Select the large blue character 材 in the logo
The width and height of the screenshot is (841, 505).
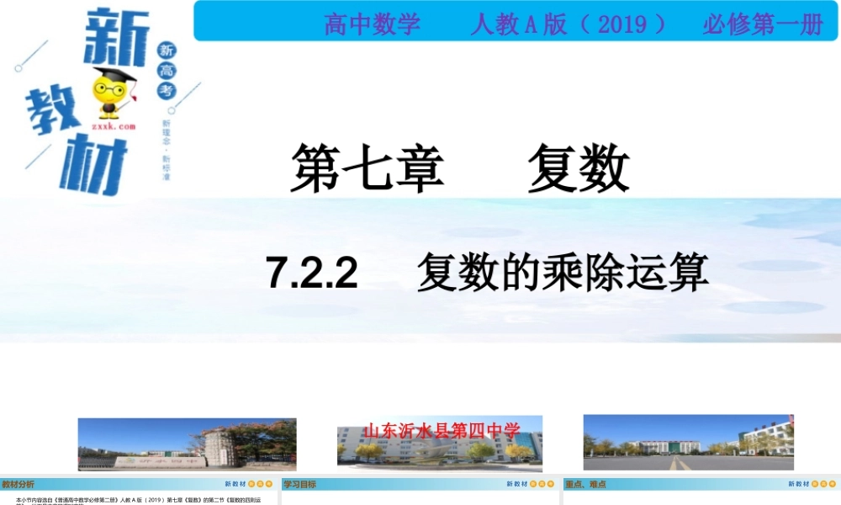(x=93, y=168)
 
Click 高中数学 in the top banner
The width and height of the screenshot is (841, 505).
(x=372, y=24)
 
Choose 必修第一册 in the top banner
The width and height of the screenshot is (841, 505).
(x=763, y=24)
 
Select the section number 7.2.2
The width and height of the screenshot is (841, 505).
(x=312, y=273)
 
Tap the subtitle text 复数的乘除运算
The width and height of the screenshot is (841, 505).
(x=563, y=273)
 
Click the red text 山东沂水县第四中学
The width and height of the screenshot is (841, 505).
(x=442, y=431)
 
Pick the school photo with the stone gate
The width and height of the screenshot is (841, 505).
(x=187, y=444)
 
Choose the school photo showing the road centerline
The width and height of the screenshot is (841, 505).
(x=688, y=442)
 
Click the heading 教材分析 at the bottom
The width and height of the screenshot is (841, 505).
(x=19, y=484)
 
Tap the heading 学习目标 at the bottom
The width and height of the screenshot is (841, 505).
(x=300, y=484)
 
